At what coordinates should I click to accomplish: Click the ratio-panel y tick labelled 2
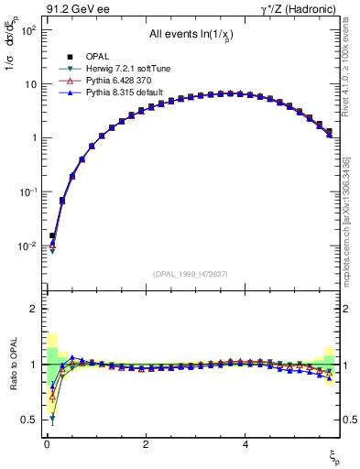point(32,310)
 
